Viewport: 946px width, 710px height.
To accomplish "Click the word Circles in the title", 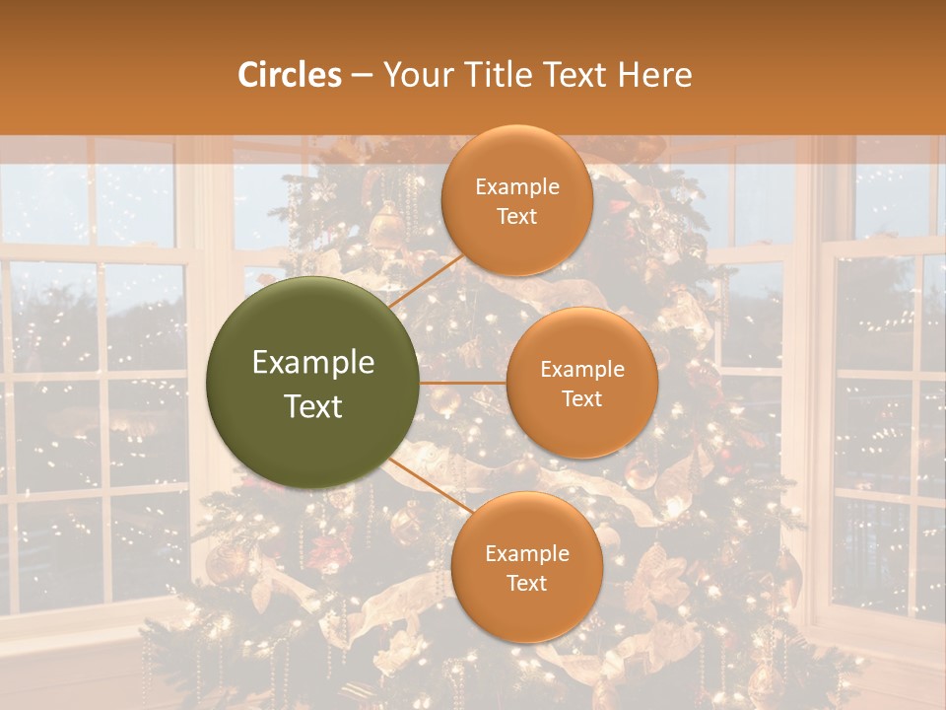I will click(x=289, y=75).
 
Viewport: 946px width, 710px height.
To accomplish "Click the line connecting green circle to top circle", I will click(x=426, y=279).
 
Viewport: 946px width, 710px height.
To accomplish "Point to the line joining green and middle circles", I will click(x=462, y=383).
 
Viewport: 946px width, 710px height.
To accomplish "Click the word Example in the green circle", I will click(x=312, y=363).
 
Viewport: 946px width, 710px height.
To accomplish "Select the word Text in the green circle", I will click(x=312, y=406).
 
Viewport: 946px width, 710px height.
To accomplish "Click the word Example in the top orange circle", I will click(x=517, y=187).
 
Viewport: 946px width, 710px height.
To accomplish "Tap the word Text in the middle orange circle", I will click(x=581, y=399).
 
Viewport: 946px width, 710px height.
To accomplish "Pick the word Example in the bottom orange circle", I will click(x=526, y=554).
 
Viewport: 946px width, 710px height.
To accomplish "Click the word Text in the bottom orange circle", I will click(x=526, y=584).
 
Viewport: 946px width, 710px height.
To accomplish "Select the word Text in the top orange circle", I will click(x=517, y=217).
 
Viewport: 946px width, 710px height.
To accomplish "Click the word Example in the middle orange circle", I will click(x=581, y=370).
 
